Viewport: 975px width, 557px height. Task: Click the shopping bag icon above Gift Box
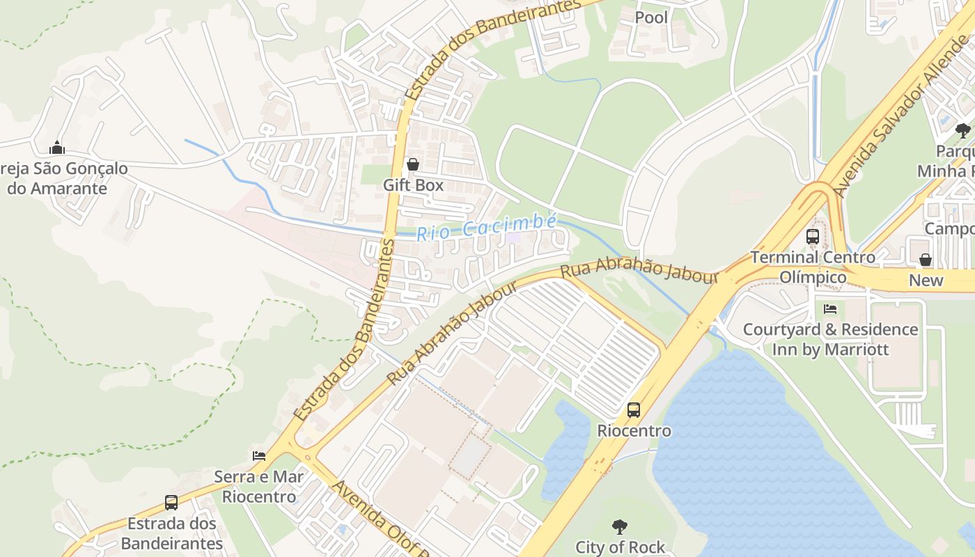coord(413,164)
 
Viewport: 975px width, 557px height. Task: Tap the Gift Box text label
coord(413,185)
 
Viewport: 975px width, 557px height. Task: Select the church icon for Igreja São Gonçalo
coord(57,148)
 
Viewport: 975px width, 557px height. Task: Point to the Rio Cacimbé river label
coord(486,227)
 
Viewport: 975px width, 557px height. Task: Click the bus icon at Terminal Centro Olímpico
coord(813,237)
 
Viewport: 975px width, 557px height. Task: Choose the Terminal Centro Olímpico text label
coord(813,267)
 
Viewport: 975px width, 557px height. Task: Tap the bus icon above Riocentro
coord(633,410)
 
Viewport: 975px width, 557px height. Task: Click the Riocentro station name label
coord(634,431)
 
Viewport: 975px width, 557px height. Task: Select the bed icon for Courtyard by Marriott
coord(829,308)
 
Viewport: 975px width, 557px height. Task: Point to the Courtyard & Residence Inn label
coord(830,339)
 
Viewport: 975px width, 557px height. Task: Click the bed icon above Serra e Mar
coord(258,456)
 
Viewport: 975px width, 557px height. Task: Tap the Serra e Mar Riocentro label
coord(258,487)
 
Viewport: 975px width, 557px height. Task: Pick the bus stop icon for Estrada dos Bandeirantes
coord(171,503)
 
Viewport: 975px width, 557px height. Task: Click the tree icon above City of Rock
coord(619,526)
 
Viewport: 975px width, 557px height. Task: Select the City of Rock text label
coord(620,547)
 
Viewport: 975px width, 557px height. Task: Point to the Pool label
coord(651,17)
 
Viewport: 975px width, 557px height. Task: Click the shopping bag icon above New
coord(926,260)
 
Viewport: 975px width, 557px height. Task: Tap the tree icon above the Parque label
coord(962,131)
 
